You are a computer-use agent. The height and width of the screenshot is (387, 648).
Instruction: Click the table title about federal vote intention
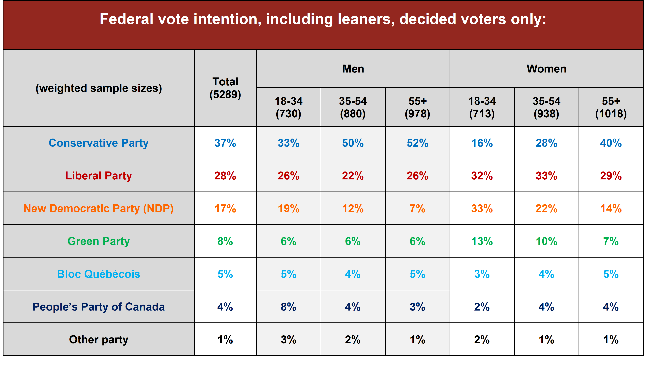(323, 20)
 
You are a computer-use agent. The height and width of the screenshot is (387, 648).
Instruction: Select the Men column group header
(353, 69)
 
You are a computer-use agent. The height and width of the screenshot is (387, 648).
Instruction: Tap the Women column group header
(546, 69)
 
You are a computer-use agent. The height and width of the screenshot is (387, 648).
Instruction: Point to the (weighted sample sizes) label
(99, 88)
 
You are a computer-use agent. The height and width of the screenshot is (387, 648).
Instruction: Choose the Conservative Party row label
(99, 143)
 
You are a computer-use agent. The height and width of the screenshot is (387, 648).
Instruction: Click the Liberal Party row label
(99, 176)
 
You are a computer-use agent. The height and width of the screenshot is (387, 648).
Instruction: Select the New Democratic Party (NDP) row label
(99, 209)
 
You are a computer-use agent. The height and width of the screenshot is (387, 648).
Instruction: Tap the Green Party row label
(99, 241)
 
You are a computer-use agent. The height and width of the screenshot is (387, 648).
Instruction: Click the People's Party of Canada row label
(99, 307)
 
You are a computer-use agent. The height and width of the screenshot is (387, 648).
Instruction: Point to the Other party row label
(99, 339)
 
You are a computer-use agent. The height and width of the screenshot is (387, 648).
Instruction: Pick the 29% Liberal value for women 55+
(611, 176)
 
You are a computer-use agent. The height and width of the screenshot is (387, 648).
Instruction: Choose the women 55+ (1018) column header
(611, 107)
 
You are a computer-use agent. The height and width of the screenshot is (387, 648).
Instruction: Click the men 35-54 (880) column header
(353, 107)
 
